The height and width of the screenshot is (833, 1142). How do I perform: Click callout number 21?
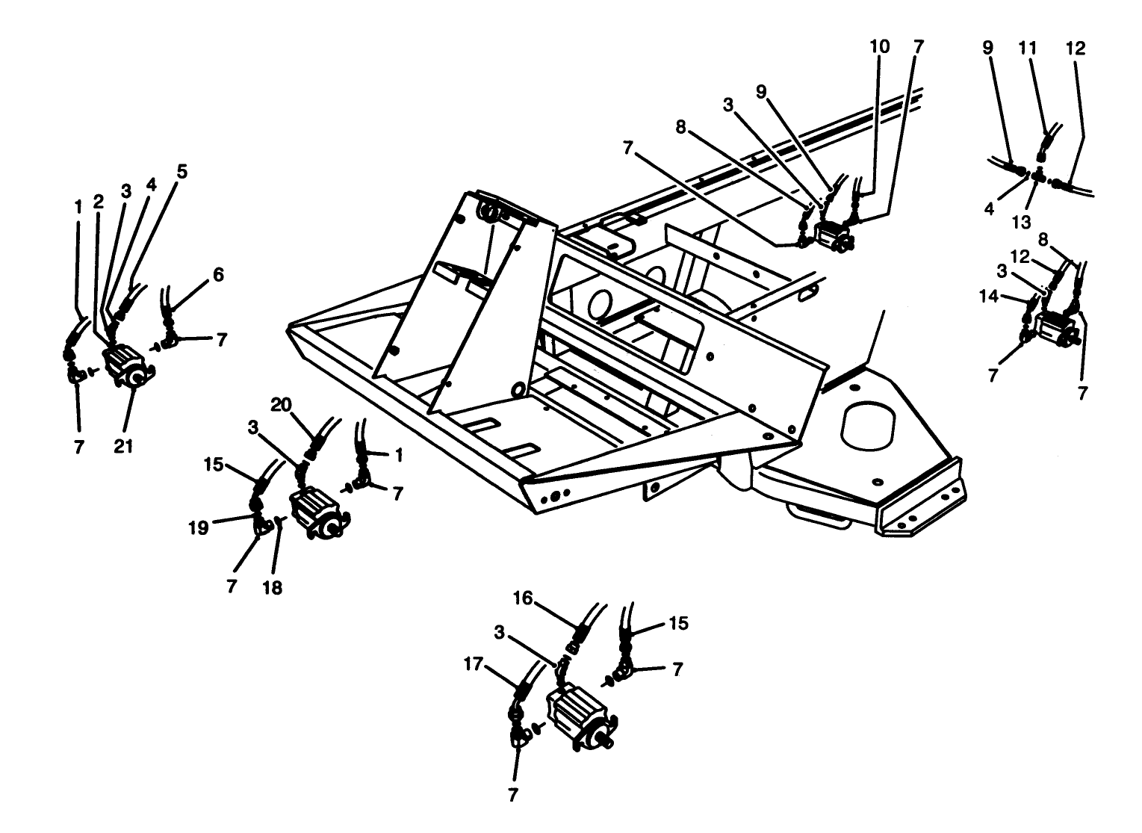coord(123,446)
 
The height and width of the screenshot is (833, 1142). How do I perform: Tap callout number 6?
coord(218,275)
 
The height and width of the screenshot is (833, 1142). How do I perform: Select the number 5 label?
coord(182,171)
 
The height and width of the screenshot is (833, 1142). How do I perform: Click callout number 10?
coord(879,46)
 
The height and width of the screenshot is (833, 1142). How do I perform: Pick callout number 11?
coord(1028,48)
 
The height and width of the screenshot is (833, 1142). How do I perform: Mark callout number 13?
coord(1021,222)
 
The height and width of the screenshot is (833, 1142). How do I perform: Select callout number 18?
coord(273,587)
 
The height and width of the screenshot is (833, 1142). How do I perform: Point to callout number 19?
coord(198,528)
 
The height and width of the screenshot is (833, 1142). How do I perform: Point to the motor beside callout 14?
coord(1053,330)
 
